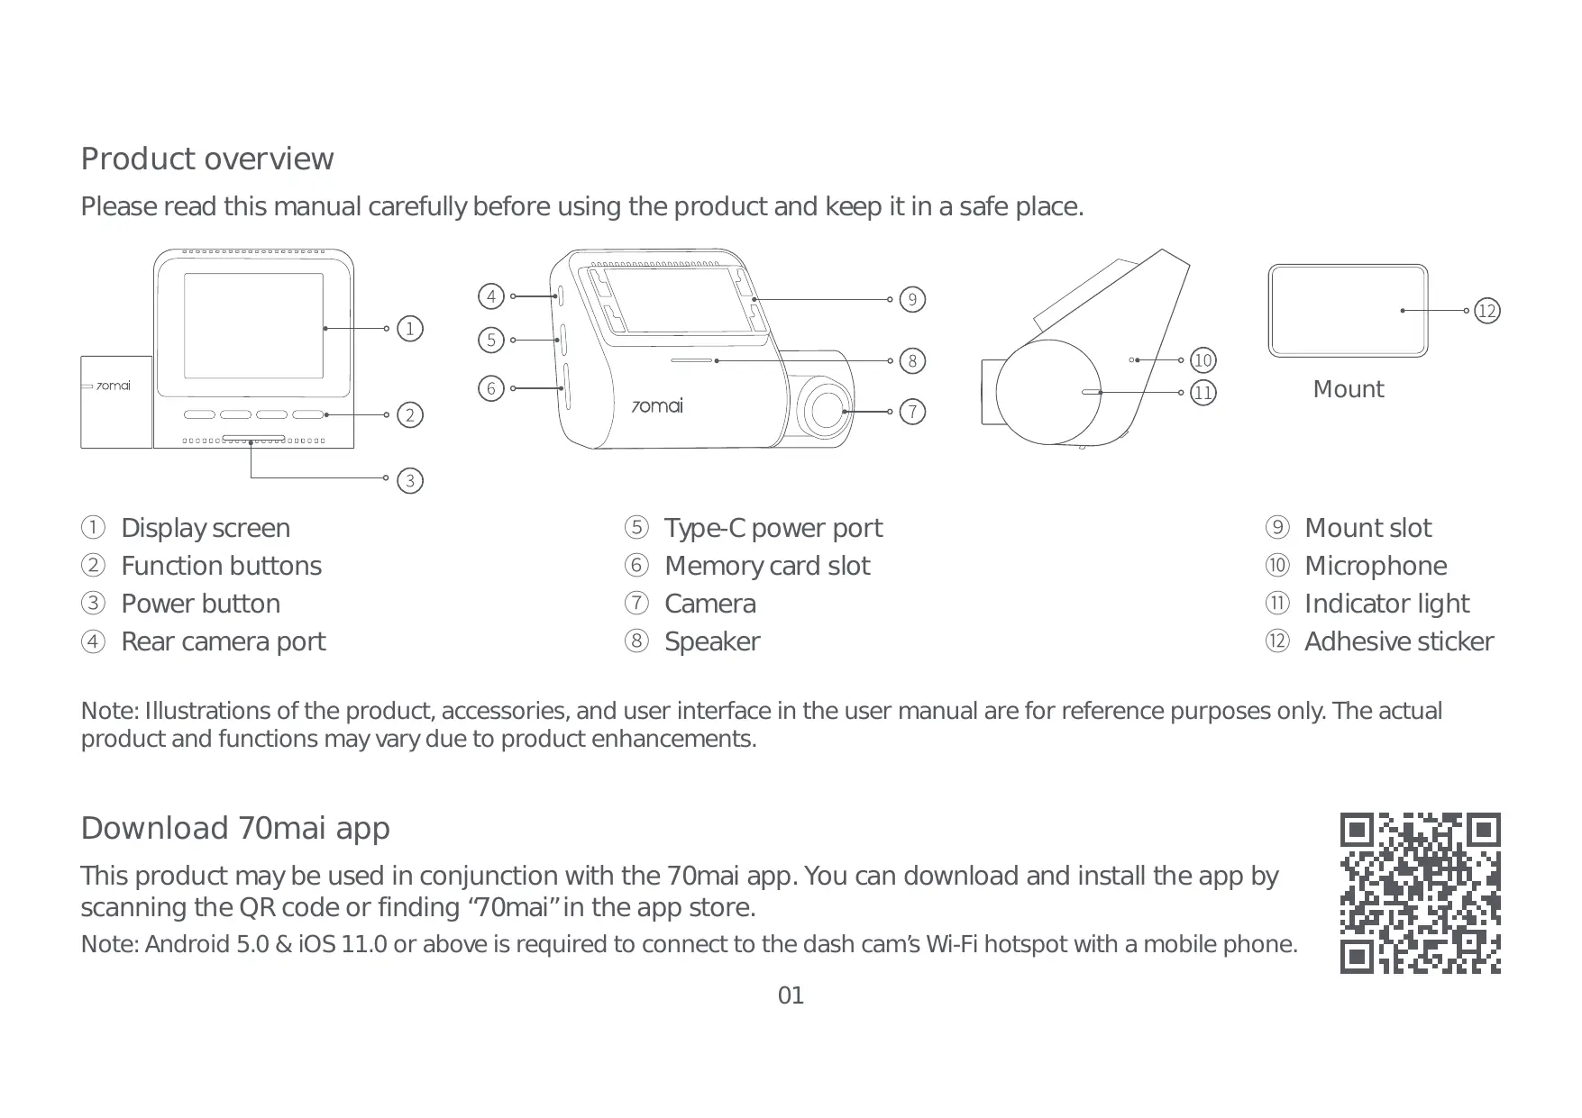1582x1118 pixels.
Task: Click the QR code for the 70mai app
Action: click(1420, 893)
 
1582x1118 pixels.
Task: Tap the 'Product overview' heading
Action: click(206, 159)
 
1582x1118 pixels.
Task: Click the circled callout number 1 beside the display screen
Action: click(410, 328)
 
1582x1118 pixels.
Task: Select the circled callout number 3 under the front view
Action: click(410, 480)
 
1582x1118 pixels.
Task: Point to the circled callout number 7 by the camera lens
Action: click(912, 412)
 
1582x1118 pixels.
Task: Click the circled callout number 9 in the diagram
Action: click(912, 299)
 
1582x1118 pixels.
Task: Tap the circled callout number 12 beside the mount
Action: click(1486, 311)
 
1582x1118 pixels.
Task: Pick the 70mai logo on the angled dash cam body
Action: click(656, 406)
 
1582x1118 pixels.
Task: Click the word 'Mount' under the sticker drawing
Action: click(1348, 389)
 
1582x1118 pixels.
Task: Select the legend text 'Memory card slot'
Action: click(766, 566)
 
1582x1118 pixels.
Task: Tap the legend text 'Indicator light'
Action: click(1386, 604)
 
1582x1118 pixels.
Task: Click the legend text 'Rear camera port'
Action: click(223, 641)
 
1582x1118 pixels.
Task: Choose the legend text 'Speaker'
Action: click(711, 641)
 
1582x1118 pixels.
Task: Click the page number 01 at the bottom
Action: click(791, 995)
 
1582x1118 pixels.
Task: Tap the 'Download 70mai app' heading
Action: click(235, 828)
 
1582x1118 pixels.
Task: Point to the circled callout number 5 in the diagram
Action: click(490, 340)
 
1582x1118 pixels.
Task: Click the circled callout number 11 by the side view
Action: click(1203, 393)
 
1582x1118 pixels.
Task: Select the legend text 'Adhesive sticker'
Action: click(1398, 641)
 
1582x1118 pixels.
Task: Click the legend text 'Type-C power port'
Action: click(773, 528)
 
